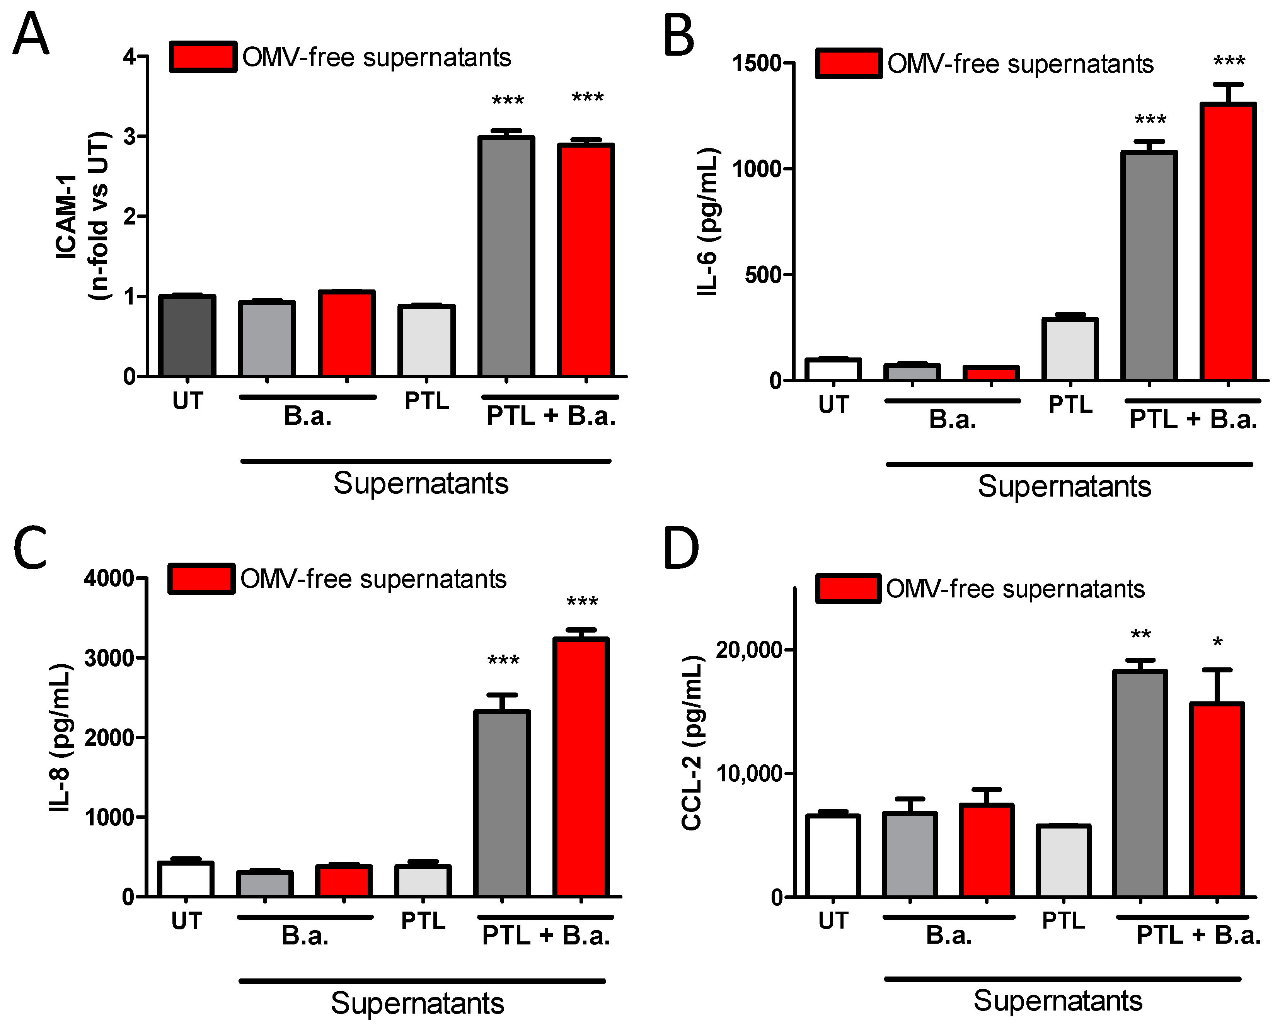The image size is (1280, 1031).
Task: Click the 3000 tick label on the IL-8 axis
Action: (x=109, y=658)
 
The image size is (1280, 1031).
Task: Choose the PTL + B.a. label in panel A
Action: (x=551, y=416)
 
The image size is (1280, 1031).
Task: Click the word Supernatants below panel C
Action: (x=417, y=1003)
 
